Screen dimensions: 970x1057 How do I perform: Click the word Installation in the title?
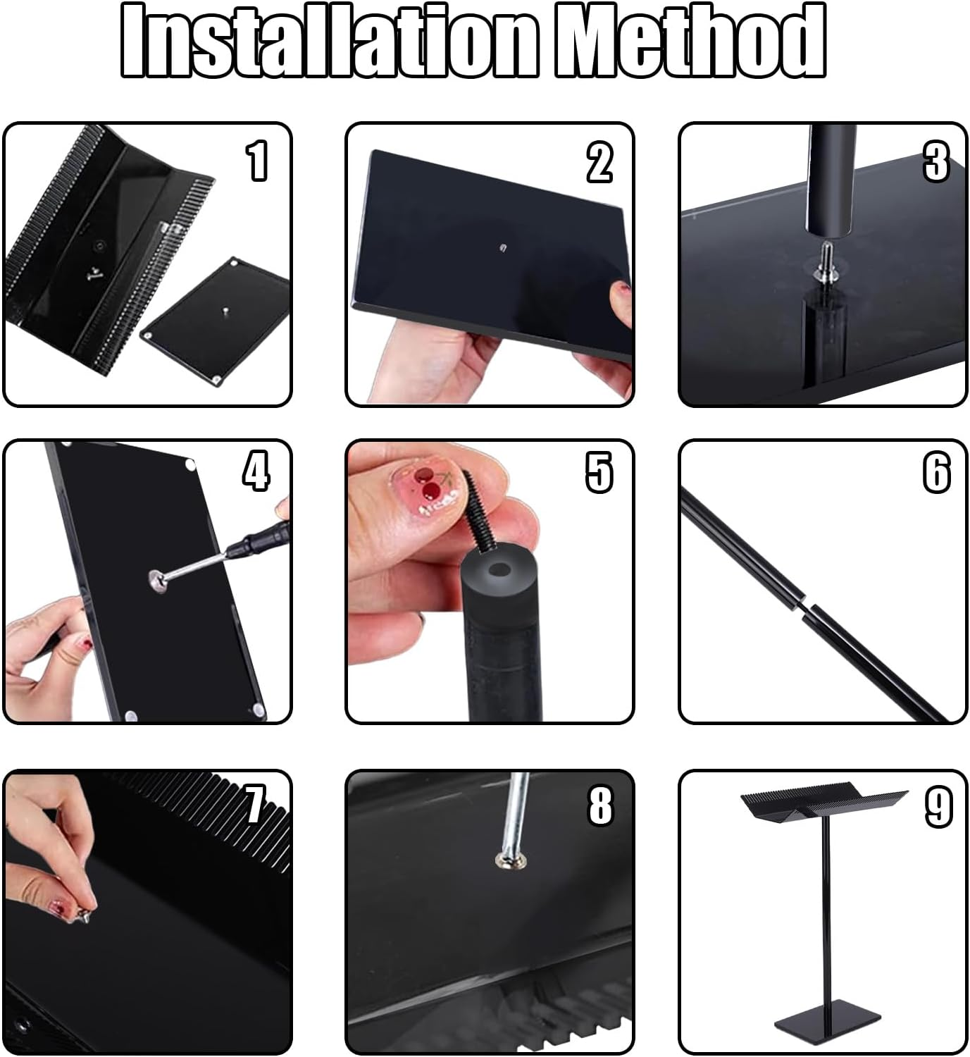329,41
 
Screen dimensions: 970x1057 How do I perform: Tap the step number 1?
258,161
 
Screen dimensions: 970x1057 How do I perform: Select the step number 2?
599,163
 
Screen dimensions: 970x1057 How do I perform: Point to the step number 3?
936,163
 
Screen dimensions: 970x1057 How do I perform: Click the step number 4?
256,472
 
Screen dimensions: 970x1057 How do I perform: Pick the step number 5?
599,472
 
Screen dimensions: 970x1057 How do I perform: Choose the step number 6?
937,472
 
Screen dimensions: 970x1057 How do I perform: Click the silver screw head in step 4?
158,581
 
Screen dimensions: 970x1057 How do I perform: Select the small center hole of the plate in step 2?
502,246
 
